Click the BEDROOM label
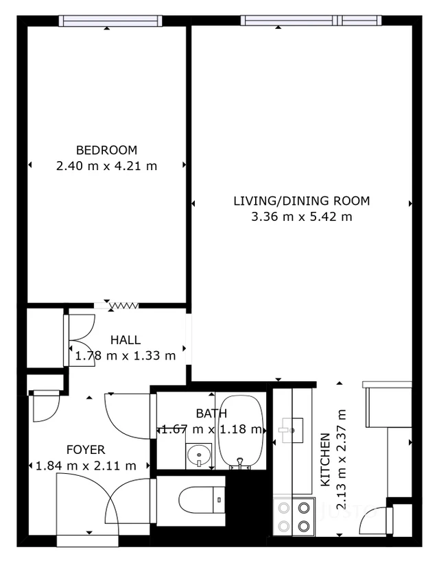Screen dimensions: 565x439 [x=106, y=150]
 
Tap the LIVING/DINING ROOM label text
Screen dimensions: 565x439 [x=302, y=201]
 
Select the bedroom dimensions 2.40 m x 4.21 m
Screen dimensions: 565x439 [x=106, y=165]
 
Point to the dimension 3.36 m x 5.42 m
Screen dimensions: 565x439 [x=302, y=217]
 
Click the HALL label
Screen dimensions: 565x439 [x=126, y=340]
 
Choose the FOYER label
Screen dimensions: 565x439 [x=86, y=450]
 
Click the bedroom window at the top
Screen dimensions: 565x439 [x=110, y=21]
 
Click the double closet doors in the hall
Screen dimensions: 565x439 [x=79, y=340]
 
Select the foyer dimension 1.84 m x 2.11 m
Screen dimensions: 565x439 [x=86, y=466]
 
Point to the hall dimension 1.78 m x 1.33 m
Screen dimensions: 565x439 [x=126, y=355]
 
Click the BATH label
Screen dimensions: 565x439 [x=211, y=413]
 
